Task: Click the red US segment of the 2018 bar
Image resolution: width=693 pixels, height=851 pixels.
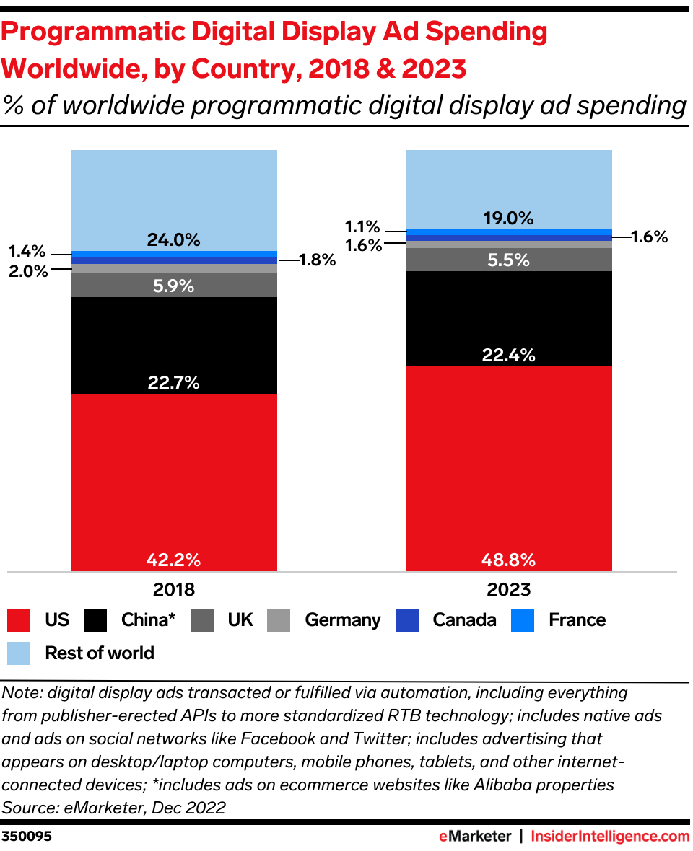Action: pos(173,476)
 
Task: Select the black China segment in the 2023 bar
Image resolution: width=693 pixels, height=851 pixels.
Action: pos(509,317)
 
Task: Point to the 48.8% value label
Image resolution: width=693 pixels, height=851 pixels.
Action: pos(509,560)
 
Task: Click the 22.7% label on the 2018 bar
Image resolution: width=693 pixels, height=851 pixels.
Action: pos(173,383)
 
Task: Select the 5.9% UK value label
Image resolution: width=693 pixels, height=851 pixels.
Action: pos(173,286)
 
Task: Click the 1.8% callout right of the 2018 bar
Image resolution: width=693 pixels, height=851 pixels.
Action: pos(318,260)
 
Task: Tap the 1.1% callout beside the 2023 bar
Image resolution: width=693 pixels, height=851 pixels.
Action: pos(362,227)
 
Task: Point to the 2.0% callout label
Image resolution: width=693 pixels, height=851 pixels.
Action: pos(28,271)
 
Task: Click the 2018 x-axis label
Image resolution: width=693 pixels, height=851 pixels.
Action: pos(174,589)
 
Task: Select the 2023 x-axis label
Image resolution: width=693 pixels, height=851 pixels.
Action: pos(509,589)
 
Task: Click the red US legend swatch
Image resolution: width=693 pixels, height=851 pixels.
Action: pos(19,620)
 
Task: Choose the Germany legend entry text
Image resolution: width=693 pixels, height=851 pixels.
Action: pos(342,620)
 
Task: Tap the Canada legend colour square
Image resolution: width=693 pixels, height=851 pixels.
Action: pos(408,620)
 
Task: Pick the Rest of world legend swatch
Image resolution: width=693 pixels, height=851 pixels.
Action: pos(19,653)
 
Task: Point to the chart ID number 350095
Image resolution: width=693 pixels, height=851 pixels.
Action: pos(27,837)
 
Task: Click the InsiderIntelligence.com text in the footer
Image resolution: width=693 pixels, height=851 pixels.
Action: pos(610,837)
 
